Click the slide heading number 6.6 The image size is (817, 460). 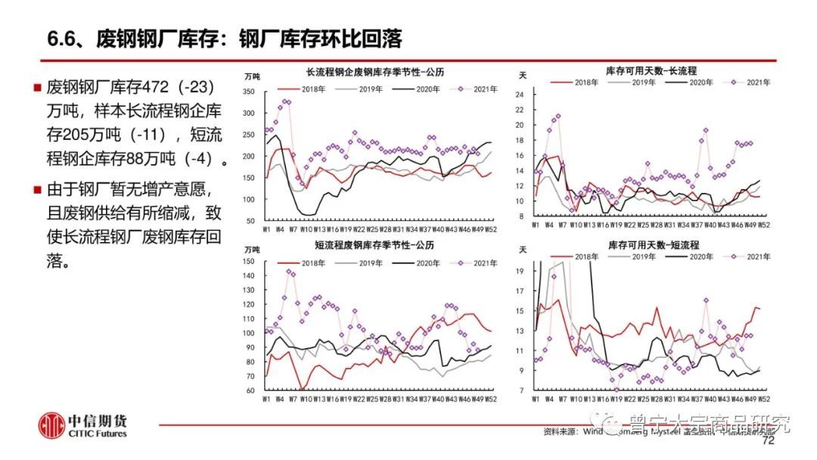[x=63, y=37]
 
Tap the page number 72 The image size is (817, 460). [x=769, y=440]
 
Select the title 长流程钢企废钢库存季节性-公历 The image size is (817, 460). [x=374, y=73]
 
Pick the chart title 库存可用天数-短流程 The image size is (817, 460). [x=653, y=246]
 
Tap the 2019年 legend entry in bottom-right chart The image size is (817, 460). [x=642, y=256]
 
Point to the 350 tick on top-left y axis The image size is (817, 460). [x=250, y=92]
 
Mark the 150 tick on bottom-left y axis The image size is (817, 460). [x=250, y=262]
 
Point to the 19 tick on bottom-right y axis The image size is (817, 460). [x=520, y=270]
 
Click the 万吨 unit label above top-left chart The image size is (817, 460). [x=253, y=76]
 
